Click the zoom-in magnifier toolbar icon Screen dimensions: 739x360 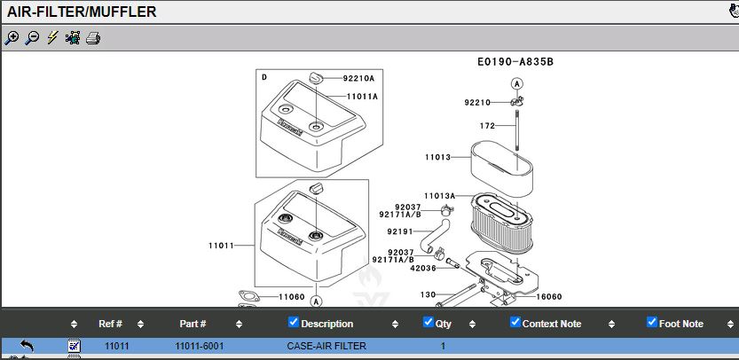tap(12, 38)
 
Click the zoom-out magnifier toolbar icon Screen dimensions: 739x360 tap(32, 38)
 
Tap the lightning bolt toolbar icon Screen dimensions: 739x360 tap(52, 38)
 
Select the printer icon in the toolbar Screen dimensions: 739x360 tap(93, 38)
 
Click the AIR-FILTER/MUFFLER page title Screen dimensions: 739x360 tap(82, 12)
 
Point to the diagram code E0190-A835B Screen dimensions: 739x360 tap(515, 62)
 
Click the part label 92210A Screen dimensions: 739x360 tap(358, 79)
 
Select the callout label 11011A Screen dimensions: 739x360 tap(362, 97)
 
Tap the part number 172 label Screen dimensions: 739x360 tap(487, 126)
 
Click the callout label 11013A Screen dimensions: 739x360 tap(440, 196)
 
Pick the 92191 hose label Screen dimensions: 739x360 tap(399, 231)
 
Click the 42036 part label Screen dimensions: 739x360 tap(423, 268)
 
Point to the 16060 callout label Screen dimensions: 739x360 tap(549, 297)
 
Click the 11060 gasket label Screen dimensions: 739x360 tap(292, 297)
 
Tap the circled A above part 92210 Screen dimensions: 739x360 tap(517, 84)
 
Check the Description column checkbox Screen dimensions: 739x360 tap(293, 322)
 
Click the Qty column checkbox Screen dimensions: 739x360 tap(428, 322)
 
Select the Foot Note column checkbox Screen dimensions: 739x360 tap(652, 322)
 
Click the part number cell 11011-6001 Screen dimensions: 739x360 tap(200, 347)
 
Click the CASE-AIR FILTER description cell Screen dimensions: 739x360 tap(326, 347)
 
